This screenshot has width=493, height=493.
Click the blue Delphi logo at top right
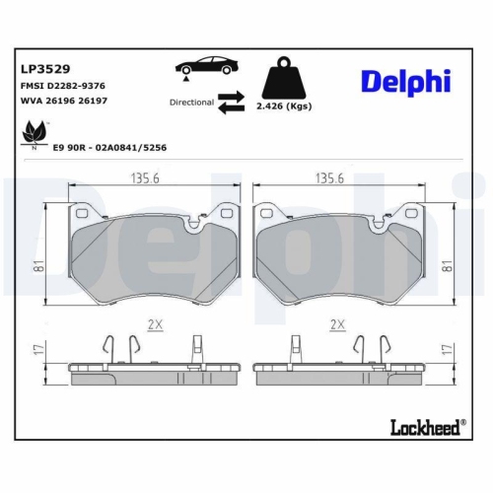pos(406,82)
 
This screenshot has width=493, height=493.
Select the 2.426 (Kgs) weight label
pos(284,105)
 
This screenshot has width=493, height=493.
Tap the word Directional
pos(191,103)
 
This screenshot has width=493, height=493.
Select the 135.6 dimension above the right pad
pos(330,179)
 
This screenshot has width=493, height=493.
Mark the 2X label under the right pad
pos(337,323)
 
